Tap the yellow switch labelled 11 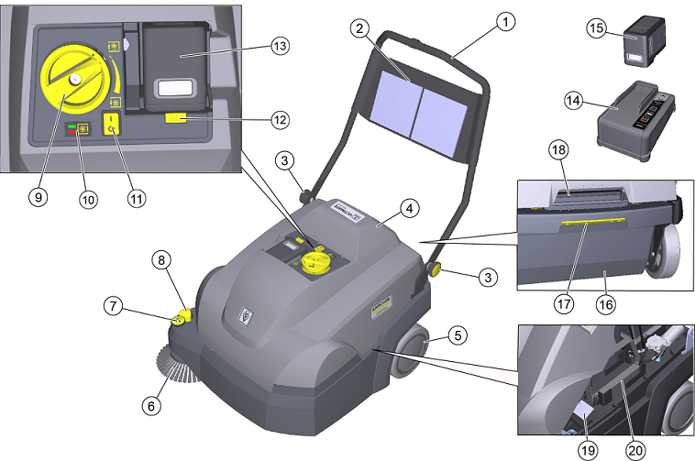(113, 125)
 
